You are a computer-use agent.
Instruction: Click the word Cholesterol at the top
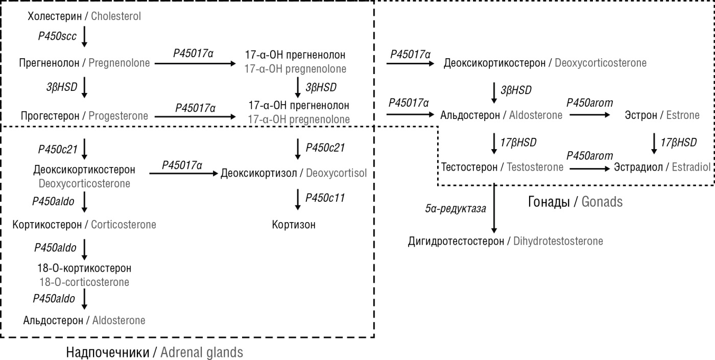[x=116, y=16]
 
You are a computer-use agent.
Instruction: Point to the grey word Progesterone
[x=118, y=116]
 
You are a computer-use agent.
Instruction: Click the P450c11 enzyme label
[x=325, y=198]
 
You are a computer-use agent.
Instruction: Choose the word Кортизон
[x=294, y=225]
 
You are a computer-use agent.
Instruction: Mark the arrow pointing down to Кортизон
[x=297, y=199]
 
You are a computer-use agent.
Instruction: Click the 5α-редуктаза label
[x=455, y=208]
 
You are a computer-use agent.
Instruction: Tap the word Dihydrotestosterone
[x=558, y=241]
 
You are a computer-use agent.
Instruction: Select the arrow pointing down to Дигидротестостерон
[x=494, y=209]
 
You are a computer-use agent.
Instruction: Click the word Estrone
[x=683, y=115]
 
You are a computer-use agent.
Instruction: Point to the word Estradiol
[x=690, y=167]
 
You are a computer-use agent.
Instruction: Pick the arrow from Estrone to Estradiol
[x=654, y=143]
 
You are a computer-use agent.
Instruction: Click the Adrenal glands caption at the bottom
[x=202, y=352]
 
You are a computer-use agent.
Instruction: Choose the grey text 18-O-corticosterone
[x=84, y=282]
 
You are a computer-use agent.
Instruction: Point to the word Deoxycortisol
[x=336, y=174]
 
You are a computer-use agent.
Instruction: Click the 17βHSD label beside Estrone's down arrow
[x=678, y=142]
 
